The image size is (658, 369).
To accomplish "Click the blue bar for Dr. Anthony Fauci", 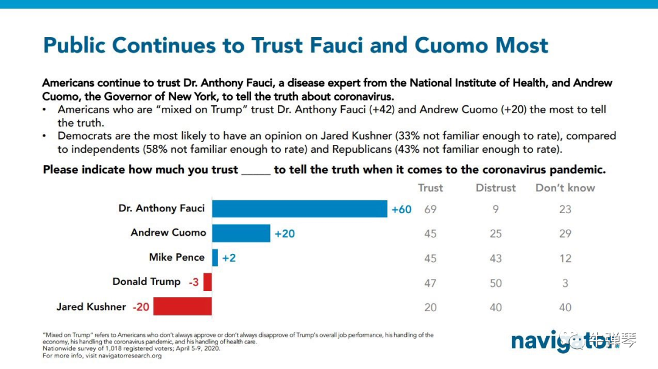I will click(299, 209).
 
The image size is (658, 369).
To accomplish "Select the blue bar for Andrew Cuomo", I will click(241, 233).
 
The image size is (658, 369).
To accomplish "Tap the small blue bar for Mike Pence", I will click(215, 258).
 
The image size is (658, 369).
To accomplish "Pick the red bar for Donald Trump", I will click(208, 282).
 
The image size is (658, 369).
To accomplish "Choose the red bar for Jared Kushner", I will click(182, 306).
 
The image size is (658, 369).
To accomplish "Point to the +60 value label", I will click(402, 209).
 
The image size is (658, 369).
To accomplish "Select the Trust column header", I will click(430, 188).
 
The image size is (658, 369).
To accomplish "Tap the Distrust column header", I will click(495, 188).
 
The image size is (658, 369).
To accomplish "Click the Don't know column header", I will click(565, 188).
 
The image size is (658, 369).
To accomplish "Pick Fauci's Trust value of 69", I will click(430, 209).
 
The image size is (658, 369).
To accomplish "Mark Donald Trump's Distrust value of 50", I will click(496, 283).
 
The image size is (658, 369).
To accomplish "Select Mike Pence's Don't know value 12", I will click(565, 258).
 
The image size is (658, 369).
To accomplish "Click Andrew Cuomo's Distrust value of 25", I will click(496, 234).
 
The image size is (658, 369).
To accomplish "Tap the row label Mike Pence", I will click(177, 257).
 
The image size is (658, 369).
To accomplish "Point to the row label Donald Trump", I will click(146, 281).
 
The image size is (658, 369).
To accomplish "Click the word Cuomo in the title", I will click(451, 45).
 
